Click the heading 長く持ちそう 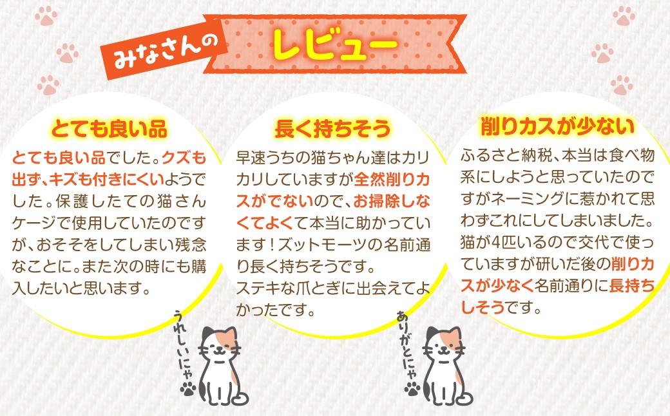click(332, 129)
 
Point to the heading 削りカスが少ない click(558, 127)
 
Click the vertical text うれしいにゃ click(184, 346)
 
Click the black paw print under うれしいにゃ click(188, 389)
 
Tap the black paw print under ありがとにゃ click(412, 389)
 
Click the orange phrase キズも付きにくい click(106, 180)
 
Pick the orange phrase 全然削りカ click(392, 180)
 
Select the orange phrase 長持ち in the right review click(631, 285)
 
